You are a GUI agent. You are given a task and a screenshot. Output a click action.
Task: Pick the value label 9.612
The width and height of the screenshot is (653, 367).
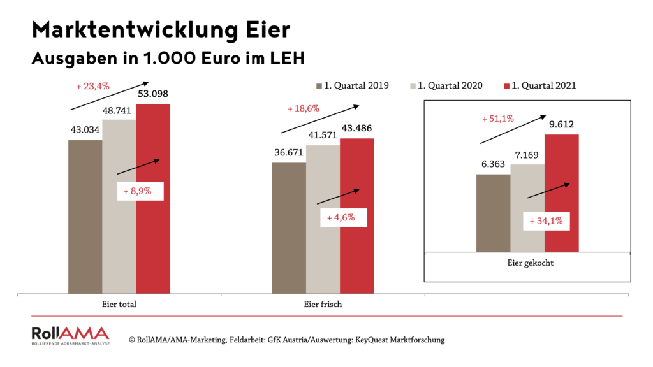click(562, 126)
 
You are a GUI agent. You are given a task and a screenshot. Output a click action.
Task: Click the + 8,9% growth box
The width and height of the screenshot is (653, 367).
click(140, 191)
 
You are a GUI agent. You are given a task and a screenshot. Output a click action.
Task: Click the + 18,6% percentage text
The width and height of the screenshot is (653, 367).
click(303, 109)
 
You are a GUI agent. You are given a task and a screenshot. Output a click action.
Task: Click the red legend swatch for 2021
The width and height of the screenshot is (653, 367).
click(508, 85)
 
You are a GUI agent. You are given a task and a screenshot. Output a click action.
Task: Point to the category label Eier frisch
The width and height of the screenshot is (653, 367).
click(323, 305)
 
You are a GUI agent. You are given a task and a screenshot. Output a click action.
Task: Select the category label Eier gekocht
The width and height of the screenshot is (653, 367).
click(527, 262)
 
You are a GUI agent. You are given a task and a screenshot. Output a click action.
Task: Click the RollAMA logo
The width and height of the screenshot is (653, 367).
click(70, 336)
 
